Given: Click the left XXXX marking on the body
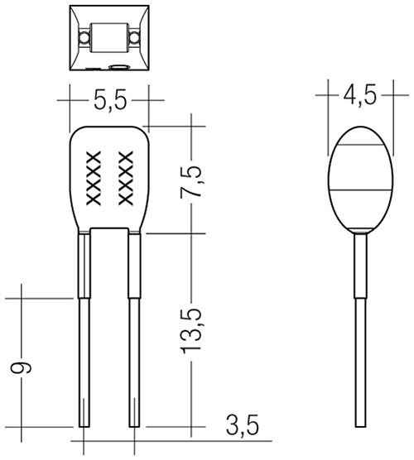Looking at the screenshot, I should (92, 178).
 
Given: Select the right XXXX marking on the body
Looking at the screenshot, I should (126, 178).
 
